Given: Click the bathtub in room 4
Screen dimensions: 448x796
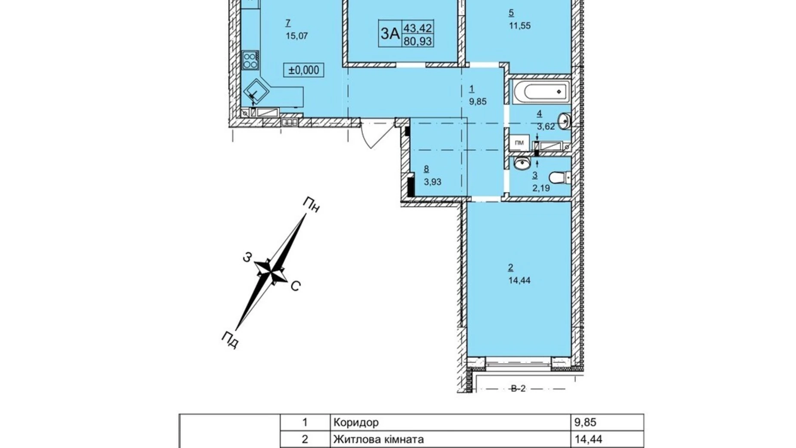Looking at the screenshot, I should [x=540, y=91].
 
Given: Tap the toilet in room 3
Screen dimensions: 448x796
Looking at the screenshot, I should [x=560, y=177].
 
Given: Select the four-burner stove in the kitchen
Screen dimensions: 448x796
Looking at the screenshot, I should [x=250, y=60].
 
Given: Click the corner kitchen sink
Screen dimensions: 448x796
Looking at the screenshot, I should [x=256, y=92].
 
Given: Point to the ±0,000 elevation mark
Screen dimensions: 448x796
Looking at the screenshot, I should [x=304, y=70].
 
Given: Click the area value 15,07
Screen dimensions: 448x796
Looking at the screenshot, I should [x=296, y=36].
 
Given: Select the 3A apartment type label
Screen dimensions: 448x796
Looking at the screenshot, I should [x=390, y=33].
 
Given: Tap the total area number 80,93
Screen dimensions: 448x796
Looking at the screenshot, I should [x=417, y=41].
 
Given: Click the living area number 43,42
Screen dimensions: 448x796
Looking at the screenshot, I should [x=417, y=28].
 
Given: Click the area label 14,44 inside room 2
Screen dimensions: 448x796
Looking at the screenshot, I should [x=519, y=280].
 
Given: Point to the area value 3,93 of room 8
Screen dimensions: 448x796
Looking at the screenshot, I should [x=432, y=182].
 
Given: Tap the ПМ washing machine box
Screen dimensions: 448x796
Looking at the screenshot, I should [x=520, y=143].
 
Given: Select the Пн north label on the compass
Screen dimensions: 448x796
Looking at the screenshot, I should [x=311, y=205].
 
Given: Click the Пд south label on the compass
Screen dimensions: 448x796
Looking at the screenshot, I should [x=230, y=340].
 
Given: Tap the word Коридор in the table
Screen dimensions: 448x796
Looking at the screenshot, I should [x=356, y=422].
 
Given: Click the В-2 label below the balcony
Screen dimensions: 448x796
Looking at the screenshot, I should [x=518, y=389].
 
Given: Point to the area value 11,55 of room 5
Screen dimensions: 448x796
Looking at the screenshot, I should [x=519, y=25].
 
